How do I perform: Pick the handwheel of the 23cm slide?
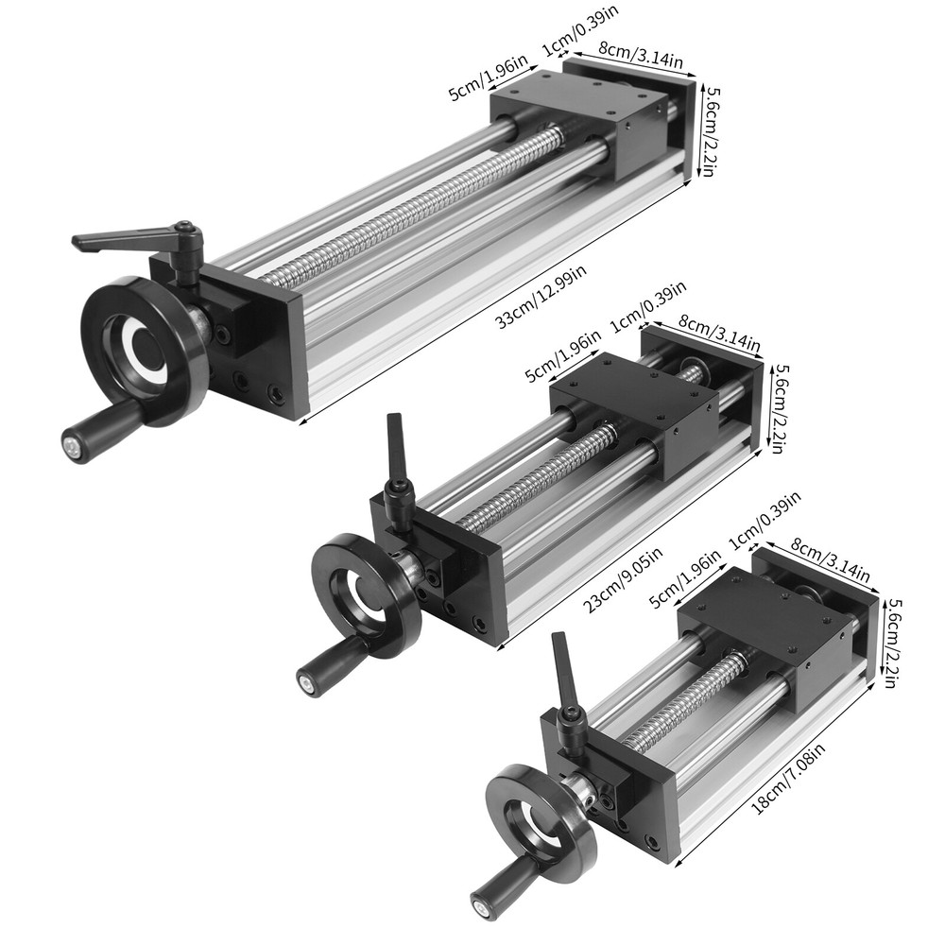(365, 595)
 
